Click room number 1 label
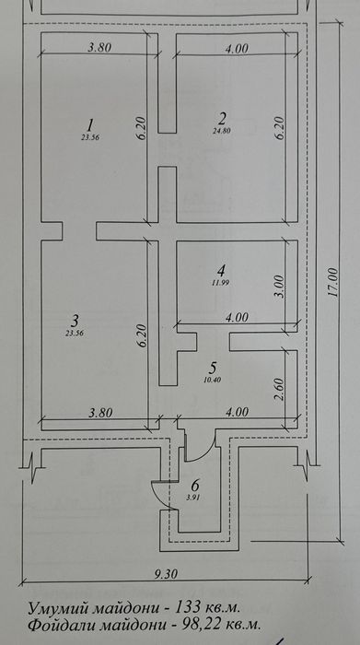pos(91,123)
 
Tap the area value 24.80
pos(222,131)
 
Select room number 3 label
pos(75,320)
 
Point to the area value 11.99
pos(222,283)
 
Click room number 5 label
pos(213,367)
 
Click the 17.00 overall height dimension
pos(333,282)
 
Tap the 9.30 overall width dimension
pos(165,574)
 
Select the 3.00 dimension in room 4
pos(279,287)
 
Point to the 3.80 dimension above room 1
pos(99,47)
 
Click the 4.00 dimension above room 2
pos(238,48)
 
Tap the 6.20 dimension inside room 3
pos(142,334)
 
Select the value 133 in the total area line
pos(188,606)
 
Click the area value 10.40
pos(213,380)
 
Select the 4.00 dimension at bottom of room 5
pos(237,412)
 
